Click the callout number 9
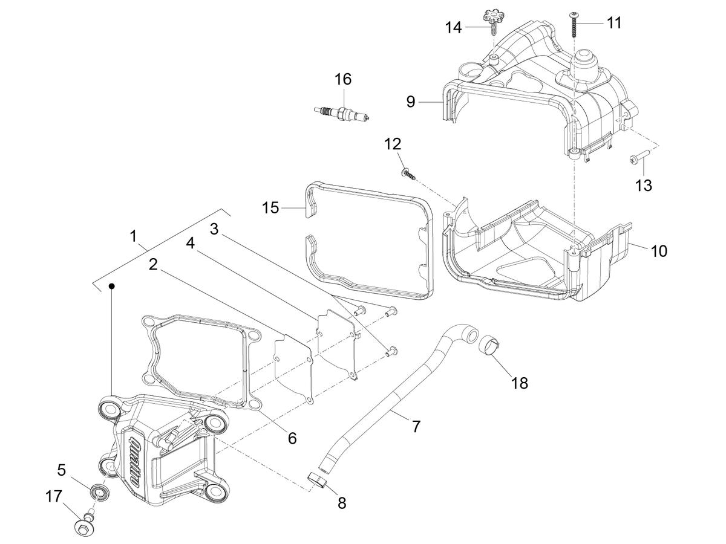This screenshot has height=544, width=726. click(410, 102)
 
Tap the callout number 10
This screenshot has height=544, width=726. click(658, 251)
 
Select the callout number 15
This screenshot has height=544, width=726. click(270, 208)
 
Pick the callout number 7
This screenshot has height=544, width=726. click(416, 426)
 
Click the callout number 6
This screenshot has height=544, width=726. click(292, 438)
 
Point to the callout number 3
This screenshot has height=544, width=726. click(214, 229)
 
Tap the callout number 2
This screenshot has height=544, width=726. click(153, 265)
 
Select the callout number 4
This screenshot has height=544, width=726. click(190, 244)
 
